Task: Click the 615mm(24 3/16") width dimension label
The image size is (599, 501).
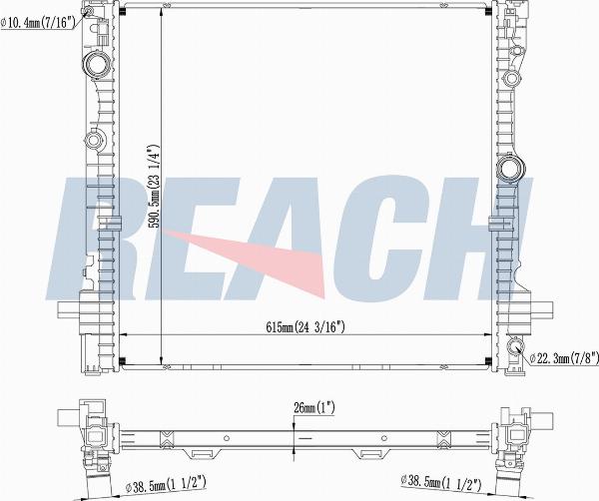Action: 305,327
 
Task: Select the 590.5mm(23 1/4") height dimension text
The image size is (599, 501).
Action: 154,186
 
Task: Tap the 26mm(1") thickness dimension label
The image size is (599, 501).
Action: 314,408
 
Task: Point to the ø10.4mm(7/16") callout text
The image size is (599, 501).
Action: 38,23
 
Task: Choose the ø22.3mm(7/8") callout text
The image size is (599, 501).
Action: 564,358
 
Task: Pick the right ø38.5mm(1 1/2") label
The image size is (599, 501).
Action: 440,482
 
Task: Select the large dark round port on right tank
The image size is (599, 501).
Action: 511,167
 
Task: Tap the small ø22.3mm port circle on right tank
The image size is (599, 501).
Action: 515,346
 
